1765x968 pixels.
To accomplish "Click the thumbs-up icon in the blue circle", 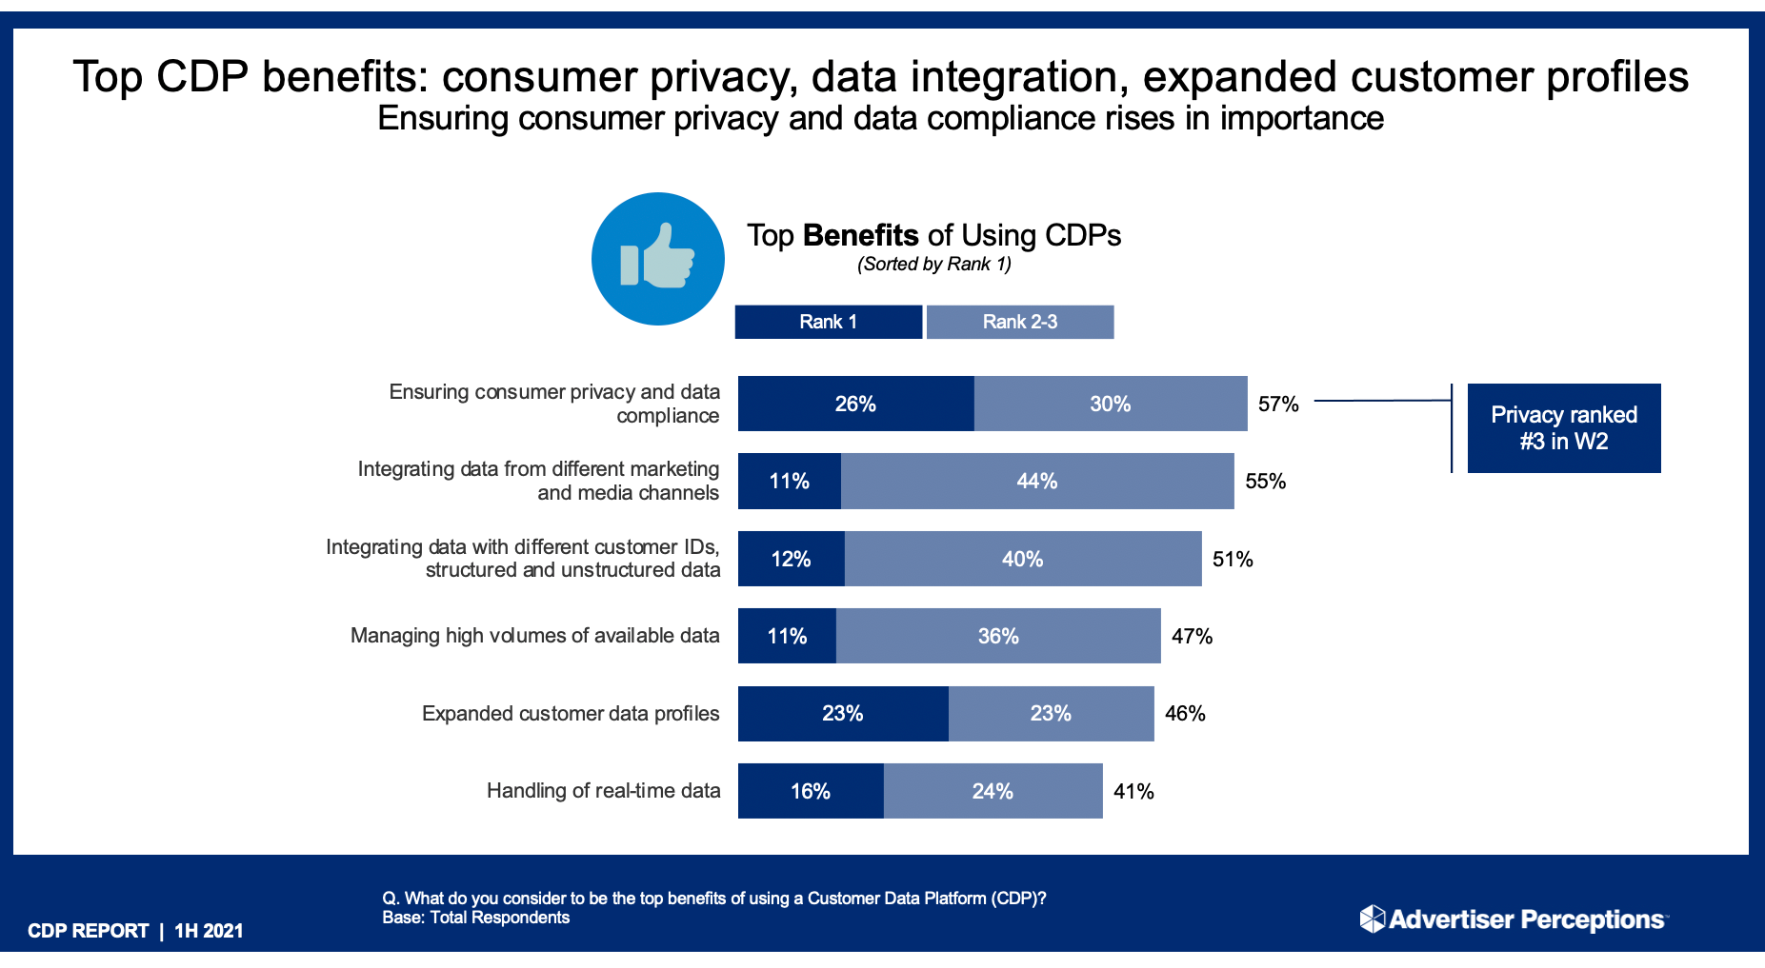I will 657,258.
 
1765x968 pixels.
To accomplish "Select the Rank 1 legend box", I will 828,322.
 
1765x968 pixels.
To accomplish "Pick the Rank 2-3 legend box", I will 1019,322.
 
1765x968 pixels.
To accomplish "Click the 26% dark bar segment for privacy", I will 855,404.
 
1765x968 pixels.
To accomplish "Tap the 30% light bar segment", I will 1110,404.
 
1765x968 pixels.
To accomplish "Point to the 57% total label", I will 1278,404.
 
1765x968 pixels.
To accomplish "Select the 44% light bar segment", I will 1037,481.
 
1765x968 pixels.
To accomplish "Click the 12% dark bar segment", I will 791,559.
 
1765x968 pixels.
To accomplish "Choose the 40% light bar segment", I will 1022,559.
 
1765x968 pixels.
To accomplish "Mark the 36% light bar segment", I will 998,636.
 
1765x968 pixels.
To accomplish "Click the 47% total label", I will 1192,636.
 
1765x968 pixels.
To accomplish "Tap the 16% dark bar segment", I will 811,791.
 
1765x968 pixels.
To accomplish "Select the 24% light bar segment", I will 993,791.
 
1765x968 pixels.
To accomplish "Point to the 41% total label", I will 1133,791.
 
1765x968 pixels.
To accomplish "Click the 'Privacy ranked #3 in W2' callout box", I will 1563,428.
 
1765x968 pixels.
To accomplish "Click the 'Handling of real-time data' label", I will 603,791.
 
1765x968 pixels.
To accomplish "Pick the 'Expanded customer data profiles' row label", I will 571,714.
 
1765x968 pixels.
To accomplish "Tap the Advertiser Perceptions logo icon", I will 1372,919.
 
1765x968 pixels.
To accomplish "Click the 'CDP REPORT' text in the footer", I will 89,931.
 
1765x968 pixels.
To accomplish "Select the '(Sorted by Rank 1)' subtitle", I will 933,265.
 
